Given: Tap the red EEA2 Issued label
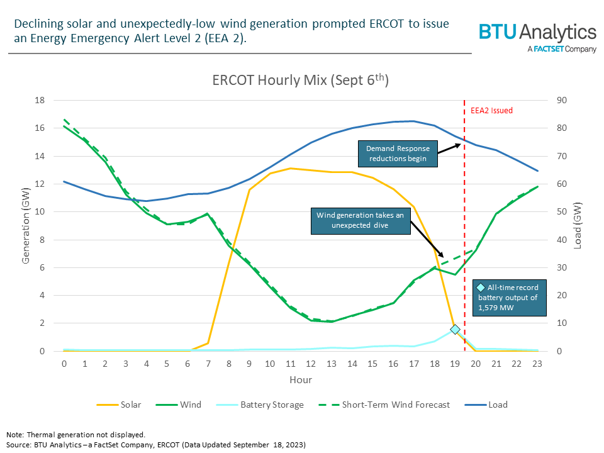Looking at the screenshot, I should (x=491, y=111).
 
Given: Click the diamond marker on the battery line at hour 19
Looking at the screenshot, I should (x=455, y=329).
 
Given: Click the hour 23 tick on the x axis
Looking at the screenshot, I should (x=538, y=363).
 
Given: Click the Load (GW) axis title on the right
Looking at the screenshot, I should (x=577, y=226).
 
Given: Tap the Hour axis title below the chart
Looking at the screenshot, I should (x=300, y=379).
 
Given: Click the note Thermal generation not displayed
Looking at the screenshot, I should (x=75, y=434).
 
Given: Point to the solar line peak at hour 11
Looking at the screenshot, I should (x=290, y=168).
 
